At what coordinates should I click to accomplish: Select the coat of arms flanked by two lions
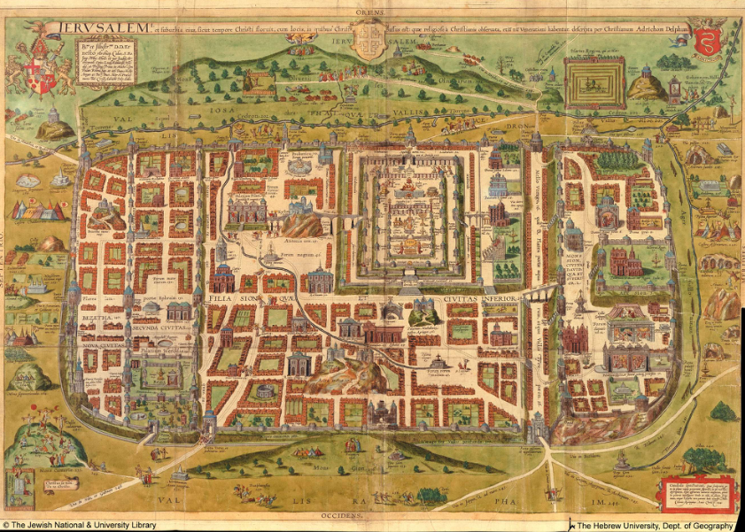click(37, 66)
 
